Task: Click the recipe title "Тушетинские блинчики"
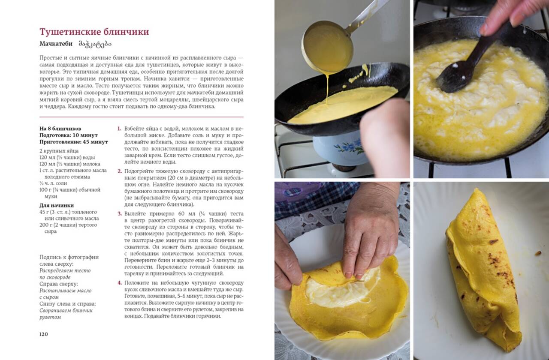[94, 32]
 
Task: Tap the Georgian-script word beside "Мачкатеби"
[95, 44]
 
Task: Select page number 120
[44, 334]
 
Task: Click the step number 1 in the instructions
[119, 129]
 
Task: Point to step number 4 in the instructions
[120, 283]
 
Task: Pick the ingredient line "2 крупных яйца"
[59, 151]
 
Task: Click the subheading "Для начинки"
[57, 205]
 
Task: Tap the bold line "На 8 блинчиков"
[60, 129]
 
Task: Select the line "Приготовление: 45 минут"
[74, 142]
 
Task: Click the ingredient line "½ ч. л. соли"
[53, 183]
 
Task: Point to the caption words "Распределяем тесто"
[65, 270]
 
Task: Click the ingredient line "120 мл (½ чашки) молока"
[70, 164]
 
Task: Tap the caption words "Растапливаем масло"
[66, 291]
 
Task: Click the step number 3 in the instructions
[120, 213]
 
